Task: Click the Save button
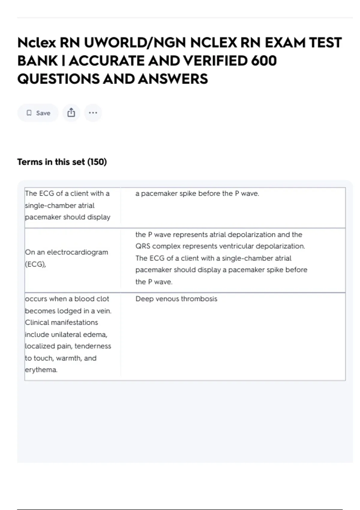click(38, 113)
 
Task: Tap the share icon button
click(71, 113)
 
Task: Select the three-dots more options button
click(93, 113)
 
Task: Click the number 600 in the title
click(264, 61)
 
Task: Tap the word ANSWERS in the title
click(173, 79)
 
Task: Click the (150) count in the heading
click(97, 162)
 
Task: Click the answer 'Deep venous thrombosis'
click(176, 299)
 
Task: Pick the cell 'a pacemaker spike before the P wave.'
click(197, 193)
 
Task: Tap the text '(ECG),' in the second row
click(35, 264)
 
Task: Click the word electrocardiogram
click(77, 252)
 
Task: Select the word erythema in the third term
click(41, 370)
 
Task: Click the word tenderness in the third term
click(93, 346)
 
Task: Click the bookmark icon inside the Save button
click(29, 113)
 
